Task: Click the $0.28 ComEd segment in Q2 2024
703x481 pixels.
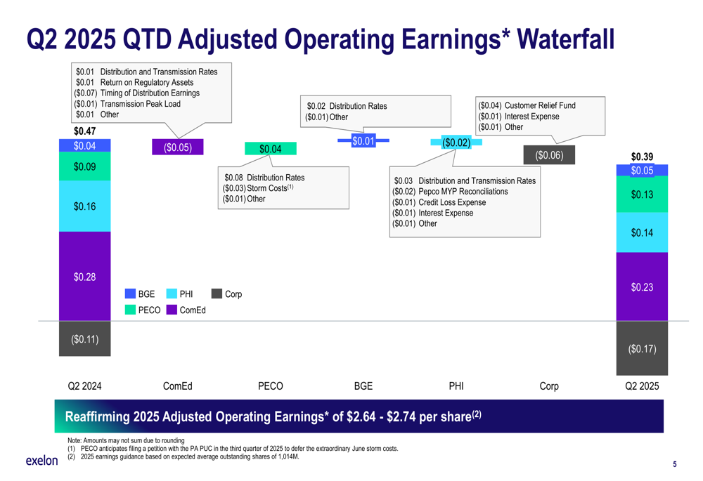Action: click(x=84, y=277)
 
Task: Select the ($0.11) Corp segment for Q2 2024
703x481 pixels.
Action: click(x=84, y=339)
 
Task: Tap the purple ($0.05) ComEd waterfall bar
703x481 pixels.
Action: click(x=177, y=147)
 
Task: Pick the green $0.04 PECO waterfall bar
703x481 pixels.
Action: click(x=270, y=149)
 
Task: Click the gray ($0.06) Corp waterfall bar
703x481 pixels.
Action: click(x=549, y=155)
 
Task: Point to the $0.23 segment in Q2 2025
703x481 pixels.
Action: click(x=642, y=286)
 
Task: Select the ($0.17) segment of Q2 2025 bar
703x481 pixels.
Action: click(x=642, y=348)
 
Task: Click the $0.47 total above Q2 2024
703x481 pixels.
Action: click(x=84, y=131)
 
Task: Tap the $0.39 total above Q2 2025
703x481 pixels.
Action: click(x=642, y=157)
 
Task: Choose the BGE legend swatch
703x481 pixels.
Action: click(x=130, y=294)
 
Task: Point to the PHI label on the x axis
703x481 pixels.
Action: click(x=456, y=386)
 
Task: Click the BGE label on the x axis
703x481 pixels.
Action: click(x=363, y=386)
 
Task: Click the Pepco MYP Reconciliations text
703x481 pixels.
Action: click(x=463, y=192)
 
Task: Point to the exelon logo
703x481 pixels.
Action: click(x=41, y=461)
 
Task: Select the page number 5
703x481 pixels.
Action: click(x=675, y=464)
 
